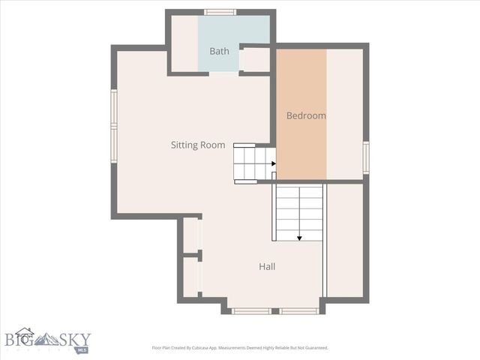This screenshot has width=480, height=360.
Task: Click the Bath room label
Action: [219, 52]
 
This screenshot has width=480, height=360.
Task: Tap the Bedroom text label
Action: [306, 115]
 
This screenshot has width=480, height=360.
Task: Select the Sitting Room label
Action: [198, 145]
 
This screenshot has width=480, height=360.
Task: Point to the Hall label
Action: [267, 266]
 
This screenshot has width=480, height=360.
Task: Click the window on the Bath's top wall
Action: [220, 12]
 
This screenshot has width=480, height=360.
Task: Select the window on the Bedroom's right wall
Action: [366, 157]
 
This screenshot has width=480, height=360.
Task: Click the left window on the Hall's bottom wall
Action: [251, 310]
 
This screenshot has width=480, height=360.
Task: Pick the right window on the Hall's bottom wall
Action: [299, 310]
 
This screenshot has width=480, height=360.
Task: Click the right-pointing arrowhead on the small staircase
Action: [273, 163]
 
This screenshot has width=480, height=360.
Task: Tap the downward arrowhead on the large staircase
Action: [299, 238]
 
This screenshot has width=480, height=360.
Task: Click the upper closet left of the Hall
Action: [192, 235]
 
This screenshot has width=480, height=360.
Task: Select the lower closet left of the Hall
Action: [192, 277]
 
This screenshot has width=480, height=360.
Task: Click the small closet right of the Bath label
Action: [256, 59]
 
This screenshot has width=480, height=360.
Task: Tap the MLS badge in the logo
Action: [81, 349]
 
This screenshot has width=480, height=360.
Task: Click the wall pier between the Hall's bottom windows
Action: [275, 310]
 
